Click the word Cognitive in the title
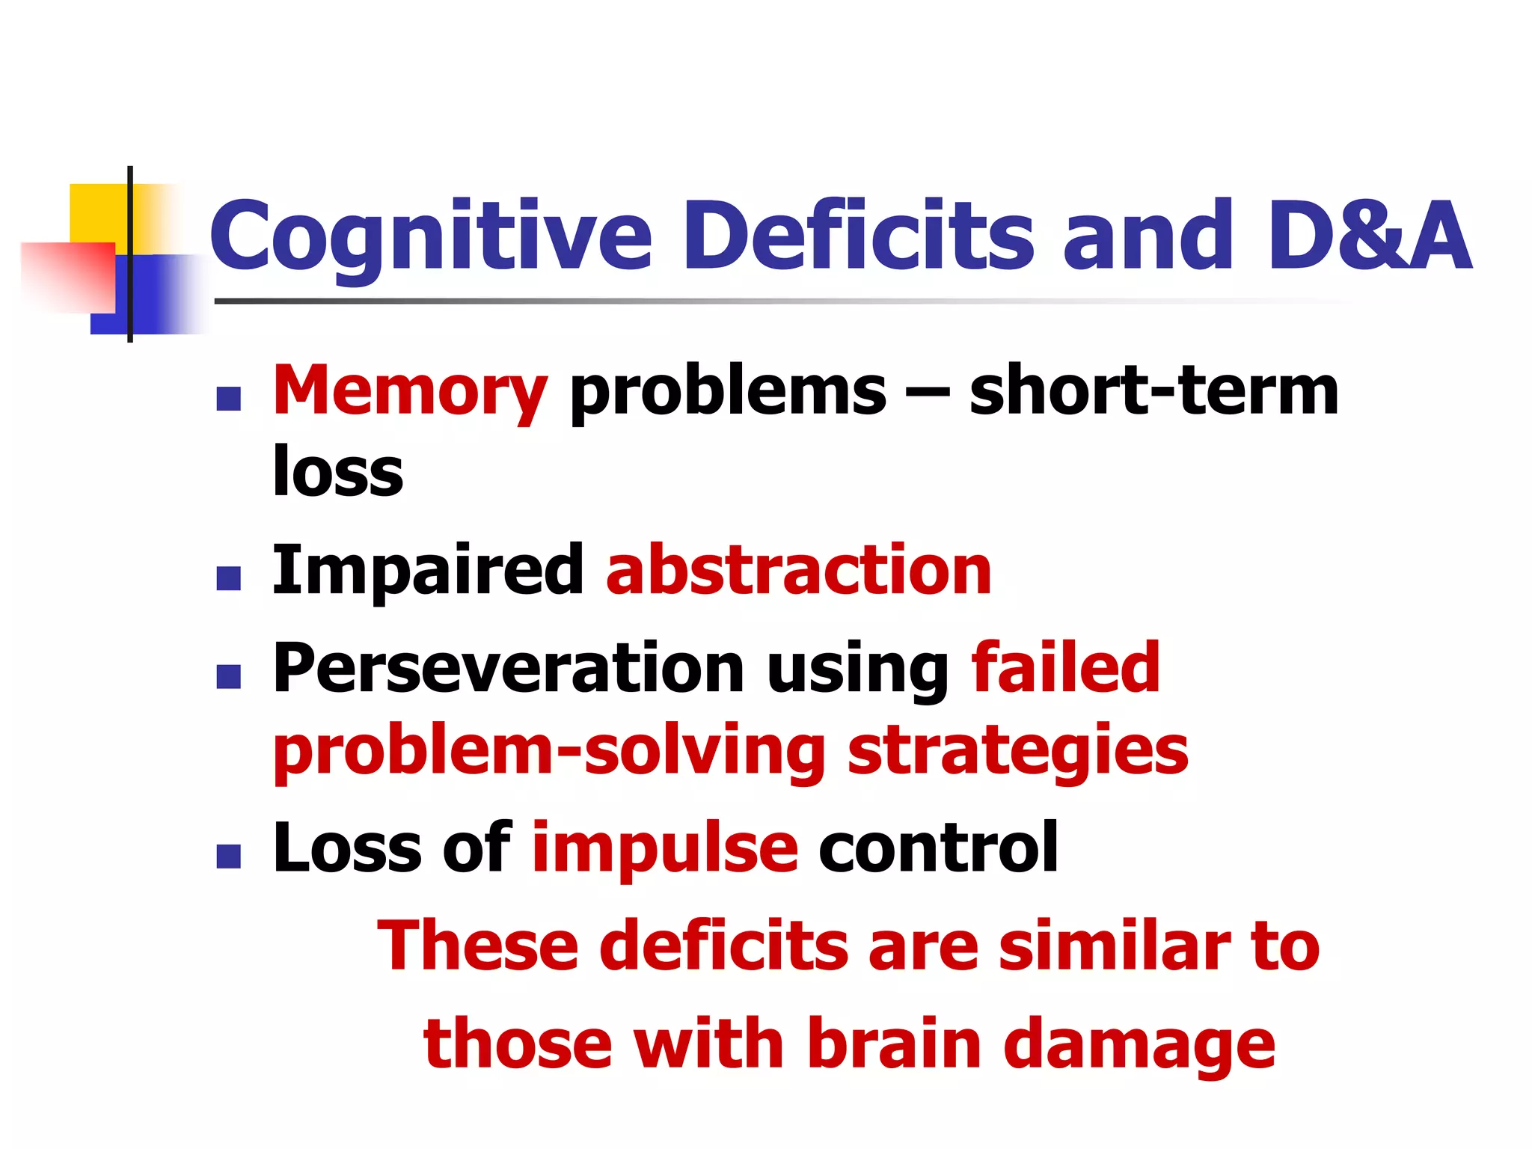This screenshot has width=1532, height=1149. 432,236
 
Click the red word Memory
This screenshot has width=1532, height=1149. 410,391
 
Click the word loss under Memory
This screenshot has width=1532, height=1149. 338,471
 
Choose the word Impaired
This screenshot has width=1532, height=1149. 427,571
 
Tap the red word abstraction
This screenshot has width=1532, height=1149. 798,571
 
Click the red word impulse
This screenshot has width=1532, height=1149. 665,849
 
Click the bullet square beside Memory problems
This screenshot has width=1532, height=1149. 228,399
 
